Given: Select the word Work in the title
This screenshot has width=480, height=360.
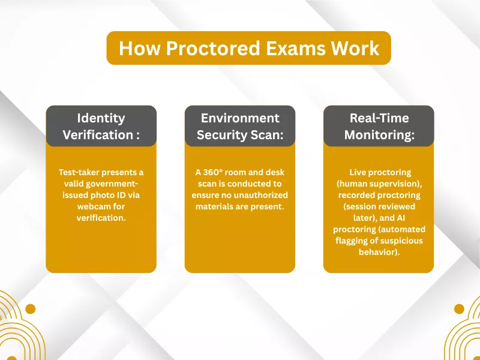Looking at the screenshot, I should click(x=358, y=48).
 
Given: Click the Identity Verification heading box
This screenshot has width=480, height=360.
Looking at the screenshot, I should click(x=101, y=126).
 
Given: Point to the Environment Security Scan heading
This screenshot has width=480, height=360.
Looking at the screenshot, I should click(x=240, y=126).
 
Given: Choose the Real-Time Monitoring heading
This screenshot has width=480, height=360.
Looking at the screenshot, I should click(x=379, y=126).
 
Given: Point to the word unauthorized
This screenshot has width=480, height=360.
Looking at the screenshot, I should click(x=261, y=195).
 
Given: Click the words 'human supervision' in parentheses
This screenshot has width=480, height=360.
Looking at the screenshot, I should click(x=379, y=184).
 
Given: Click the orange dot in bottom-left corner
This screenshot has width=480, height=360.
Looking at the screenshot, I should click(x=30, y=309).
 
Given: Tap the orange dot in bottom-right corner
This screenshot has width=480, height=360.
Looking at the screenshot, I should click(x=459, y=309).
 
